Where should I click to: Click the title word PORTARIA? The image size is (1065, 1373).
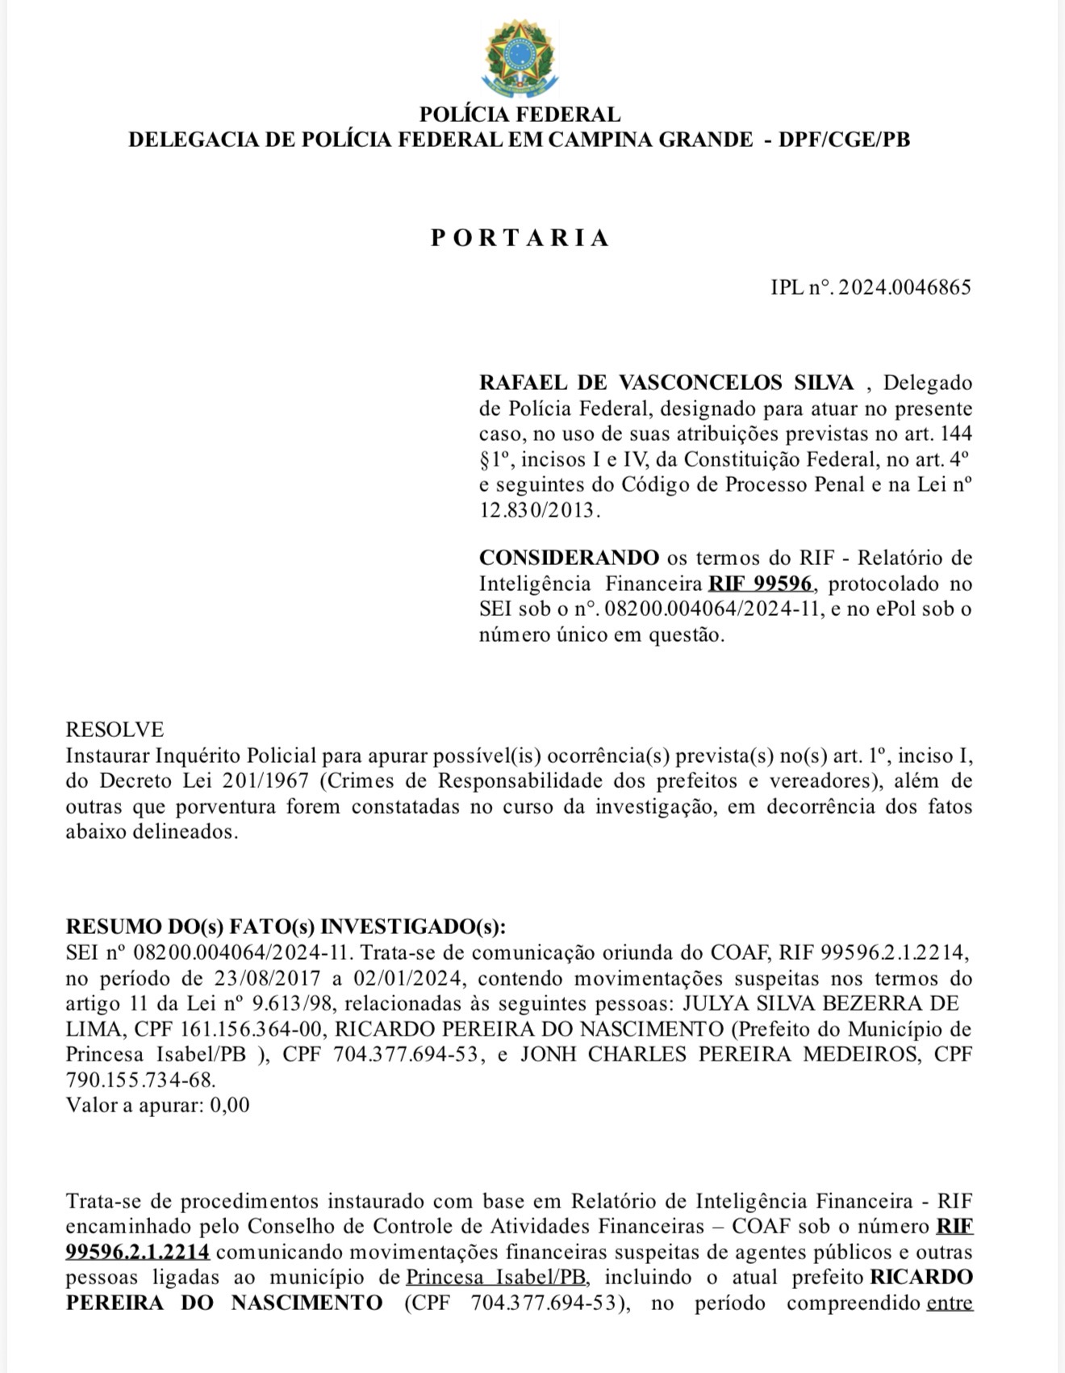520,237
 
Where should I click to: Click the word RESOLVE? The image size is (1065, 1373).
115,730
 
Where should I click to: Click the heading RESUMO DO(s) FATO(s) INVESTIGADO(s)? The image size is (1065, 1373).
286,926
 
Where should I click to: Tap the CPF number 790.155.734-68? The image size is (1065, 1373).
140,1079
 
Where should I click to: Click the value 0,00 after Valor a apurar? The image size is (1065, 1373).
230,1105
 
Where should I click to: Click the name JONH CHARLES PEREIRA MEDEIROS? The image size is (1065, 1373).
719,1054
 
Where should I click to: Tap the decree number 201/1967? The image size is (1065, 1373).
265,781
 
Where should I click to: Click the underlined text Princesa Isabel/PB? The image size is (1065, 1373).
497,1277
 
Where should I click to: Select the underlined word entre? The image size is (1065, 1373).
950,1302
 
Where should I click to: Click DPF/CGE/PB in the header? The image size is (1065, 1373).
844,140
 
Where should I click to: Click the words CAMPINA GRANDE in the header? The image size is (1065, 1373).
650,140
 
